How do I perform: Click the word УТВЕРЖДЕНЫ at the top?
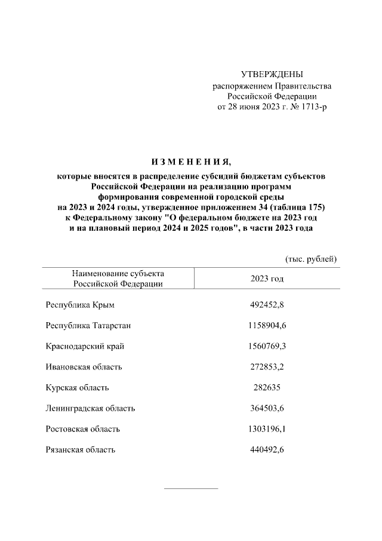coord(272,74)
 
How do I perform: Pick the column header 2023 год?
coord(267,279)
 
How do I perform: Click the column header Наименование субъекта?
coord(118,273)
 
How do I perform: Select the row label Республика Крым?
coord(79,305)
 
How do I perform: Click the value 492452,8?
coord(267,305)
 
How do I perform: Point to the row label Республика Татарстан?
coord(88,326)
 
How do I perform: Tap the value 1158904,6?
coord(267,326)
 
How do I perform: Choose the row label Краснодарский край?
coord(85,347)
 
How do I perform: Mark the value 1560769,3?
coord(267,347)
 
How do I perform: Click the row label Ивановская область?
coord(84,367)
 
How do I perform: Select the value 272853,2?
coord(267,367)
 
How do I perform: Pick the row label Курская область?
coord(77,388)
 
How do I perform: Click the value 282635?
coord(266,388)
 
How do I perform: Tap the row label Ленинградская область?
coord(90,408)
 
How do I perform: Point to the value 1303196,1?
coord(267,429)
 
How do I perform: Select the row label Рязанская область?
coord(80,450)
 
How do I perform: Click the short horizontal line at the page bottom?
coord(191,488)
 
